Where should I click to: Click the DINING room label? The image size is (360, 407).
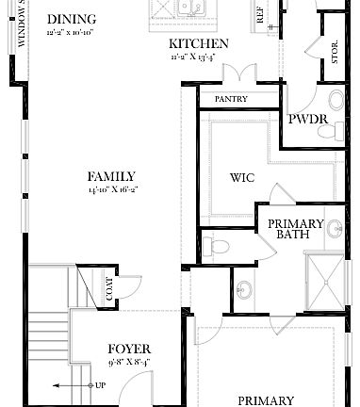(71, 19)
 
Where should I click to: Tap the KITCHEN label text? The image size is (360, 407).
(198, 44)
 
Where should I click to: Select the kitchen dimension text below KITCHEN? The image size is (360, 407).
(198, 57)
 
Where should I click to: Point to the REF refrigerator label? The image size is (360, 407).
(260, 15)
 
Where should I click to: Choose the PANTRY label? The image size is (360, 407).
(231, 98)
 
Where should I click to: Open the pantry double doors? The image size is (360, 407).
(244, 74)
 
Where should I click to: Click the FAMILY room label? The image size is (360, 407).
(111, 176)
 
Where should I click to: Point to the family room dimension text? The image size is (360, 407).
(111, 189)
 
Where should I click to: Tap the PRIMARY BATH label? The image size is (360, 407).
(296, 229)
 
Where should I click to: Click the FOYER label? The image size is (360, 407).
(129, 348)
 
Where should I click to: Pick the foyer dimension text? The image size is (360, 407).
(129, 360)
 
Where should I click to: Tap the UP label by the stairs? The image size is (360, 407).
(100, 385)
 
